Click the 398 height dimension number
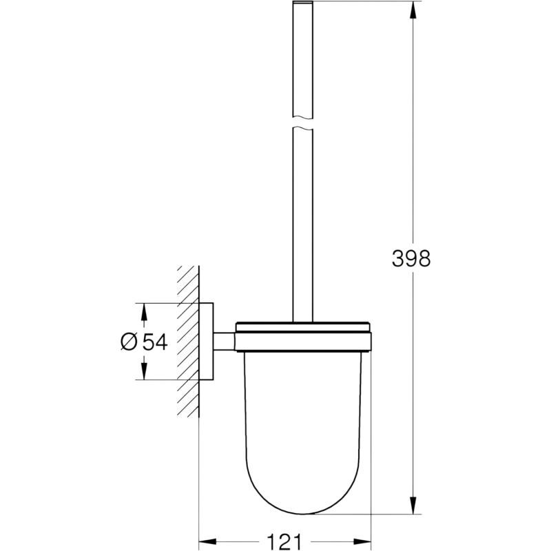pos(410,259)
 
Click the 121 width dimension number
pos(284,541)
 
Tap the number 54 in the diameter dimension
pos(154,341)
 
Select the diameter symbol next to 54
pos(129,341)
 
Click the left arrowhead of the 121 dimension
pos(208,541)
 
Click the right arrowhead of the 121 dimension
pos(362,541)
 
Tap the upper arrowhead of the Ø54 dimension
pos(143,312)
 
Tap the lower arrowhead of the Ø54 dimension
pos(143,371)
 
